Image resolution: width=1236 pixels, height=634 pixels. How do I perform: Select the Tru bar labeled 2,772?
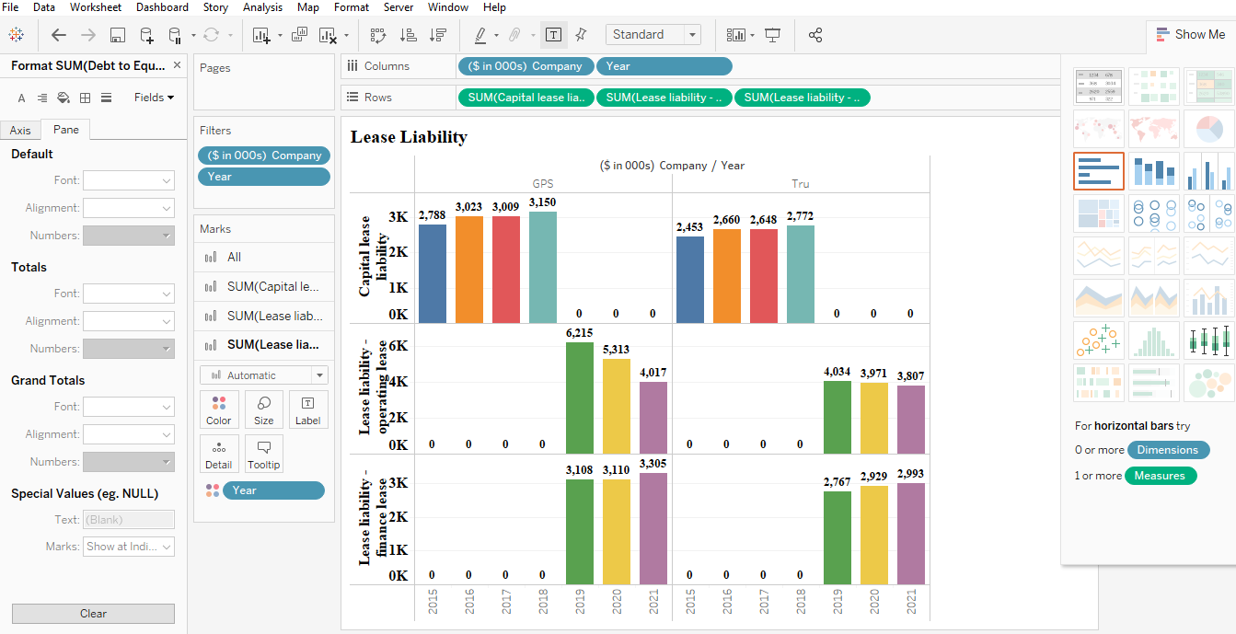coord(800,274)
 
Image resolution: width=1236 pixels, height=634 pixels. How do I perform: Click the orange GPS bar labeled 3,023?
coord(468,270)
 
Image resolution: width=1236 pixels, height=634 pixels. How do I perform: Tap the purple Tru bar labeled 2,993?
coord(910,533)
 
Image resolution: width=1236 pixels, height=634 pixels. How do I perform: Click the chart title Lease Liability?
coord(409,137)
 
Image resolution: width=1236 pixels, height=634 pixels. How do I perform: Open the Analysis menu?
coord(262,7)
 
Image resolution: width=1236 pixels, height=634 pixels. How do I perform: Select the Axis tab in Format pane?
coord(20,131)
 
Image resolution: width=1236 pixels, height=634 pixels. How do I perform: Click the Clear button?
coord(93,614)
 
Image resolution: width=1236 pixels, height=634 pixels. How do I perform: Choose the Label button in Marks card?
coord(307,410)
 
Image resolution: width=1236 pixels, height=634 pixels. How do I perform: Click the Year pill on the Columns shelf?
coord(664,66)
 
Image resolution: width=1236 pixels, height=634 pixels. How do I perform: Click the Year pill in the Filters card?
coord(263,177)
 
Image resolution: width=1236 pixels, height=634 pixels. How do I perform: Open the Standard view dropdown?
coord(653,35)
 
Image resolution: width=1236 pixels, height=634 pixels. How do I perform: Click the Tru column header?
coord(801,184)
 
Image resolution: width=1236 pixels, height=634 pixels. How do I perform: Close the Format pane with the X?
coord(177,65)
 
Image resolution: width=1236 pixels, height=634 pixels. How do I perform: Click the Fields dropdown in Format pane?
coord(154,98)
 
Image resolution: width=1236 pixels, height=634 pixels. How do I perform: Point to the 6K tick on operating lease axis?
coord(398,346)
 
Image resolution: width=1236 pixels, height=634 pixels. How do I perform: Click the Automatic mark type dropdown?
coord(263,375)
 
